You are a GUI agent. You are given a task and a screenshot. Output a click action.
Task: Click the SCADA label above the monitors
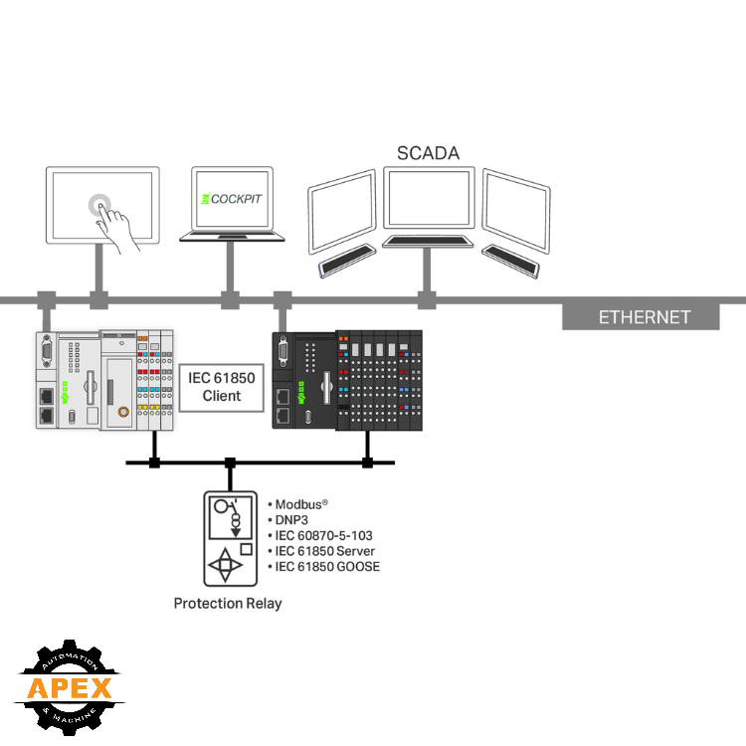428,153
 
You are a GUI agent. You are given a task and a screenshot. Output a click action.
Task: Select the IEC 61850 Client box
222,386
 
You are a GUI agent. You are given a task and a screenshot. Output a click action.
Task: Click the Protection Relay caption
228,603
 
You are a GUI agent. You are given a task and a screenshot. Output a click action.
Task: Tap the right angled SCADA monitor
515,210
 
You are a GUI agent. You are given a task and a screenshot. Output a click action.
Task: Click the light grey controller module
103,380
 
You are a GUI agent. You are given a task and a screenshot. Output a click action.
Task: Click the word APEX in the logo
68,687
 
